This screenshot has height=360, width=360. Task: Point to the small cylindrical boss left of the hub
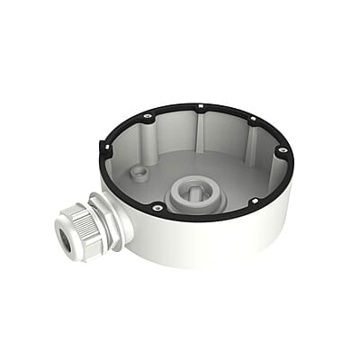(x=139, y=172)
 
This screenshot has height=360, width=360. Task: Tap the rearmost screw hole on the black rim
(x=197, y=106)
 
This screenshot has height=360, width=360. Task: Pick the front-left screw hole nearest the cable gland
(x=158, y=208)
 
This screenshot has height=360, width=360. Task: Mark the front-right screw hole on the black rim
(x=255, y=201)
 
